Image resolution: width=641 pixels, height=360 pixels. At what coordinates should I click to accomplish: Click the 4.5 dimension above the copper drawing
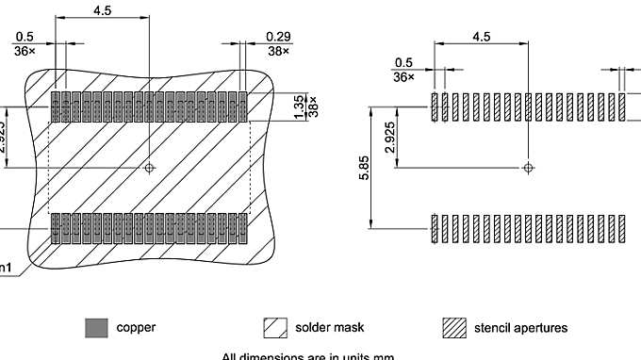click(102, 10)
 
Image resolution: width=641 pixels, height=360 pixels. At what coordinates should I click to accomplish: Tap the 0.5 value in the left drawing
click(24, 37)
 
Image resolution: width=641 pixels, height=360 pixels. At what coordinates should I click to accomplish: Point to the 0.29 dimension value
click(252, 37)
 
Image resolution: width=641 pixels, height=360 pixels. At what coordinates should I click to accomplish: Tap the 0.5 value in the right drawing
click(403, 62)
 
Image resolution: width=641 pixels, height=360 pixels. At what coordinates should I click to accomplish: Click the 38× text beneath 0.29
click(252, 51)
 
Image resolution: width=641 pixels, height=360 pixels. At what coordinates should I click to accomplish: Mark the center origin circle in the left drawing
click(149, 168)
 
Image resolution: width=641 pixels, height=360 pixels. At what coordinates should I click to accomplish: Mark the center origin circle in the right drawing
click(528, 168)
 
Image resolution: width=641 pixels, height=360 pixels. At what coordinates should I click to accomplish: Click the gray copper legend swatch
click(96, 329)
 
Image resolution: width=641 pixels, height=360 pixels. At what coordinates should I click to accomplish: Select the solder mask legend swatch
click(274, 329)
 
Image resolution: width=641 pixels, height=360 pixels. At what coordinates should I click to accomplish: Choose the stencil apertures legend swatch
click(455, 329)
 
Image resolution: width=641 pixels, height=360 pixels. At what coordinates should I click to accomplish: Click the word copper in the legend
click(137, 328)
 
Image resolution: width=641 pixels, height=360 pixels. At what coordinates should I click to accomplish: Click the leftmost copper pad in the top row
click(56, 106)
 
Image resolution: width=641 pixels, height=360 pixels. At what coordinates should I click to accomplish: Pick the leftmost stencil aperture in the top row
click(435, 106)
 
